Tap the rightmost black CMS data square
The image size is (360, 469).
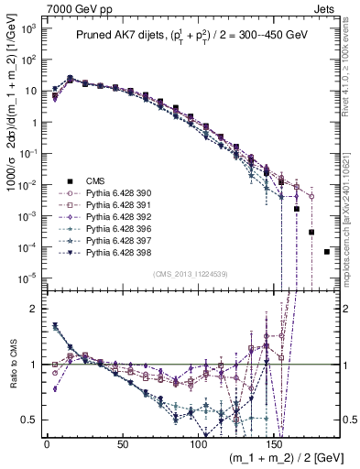click(x=327, y=252)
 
